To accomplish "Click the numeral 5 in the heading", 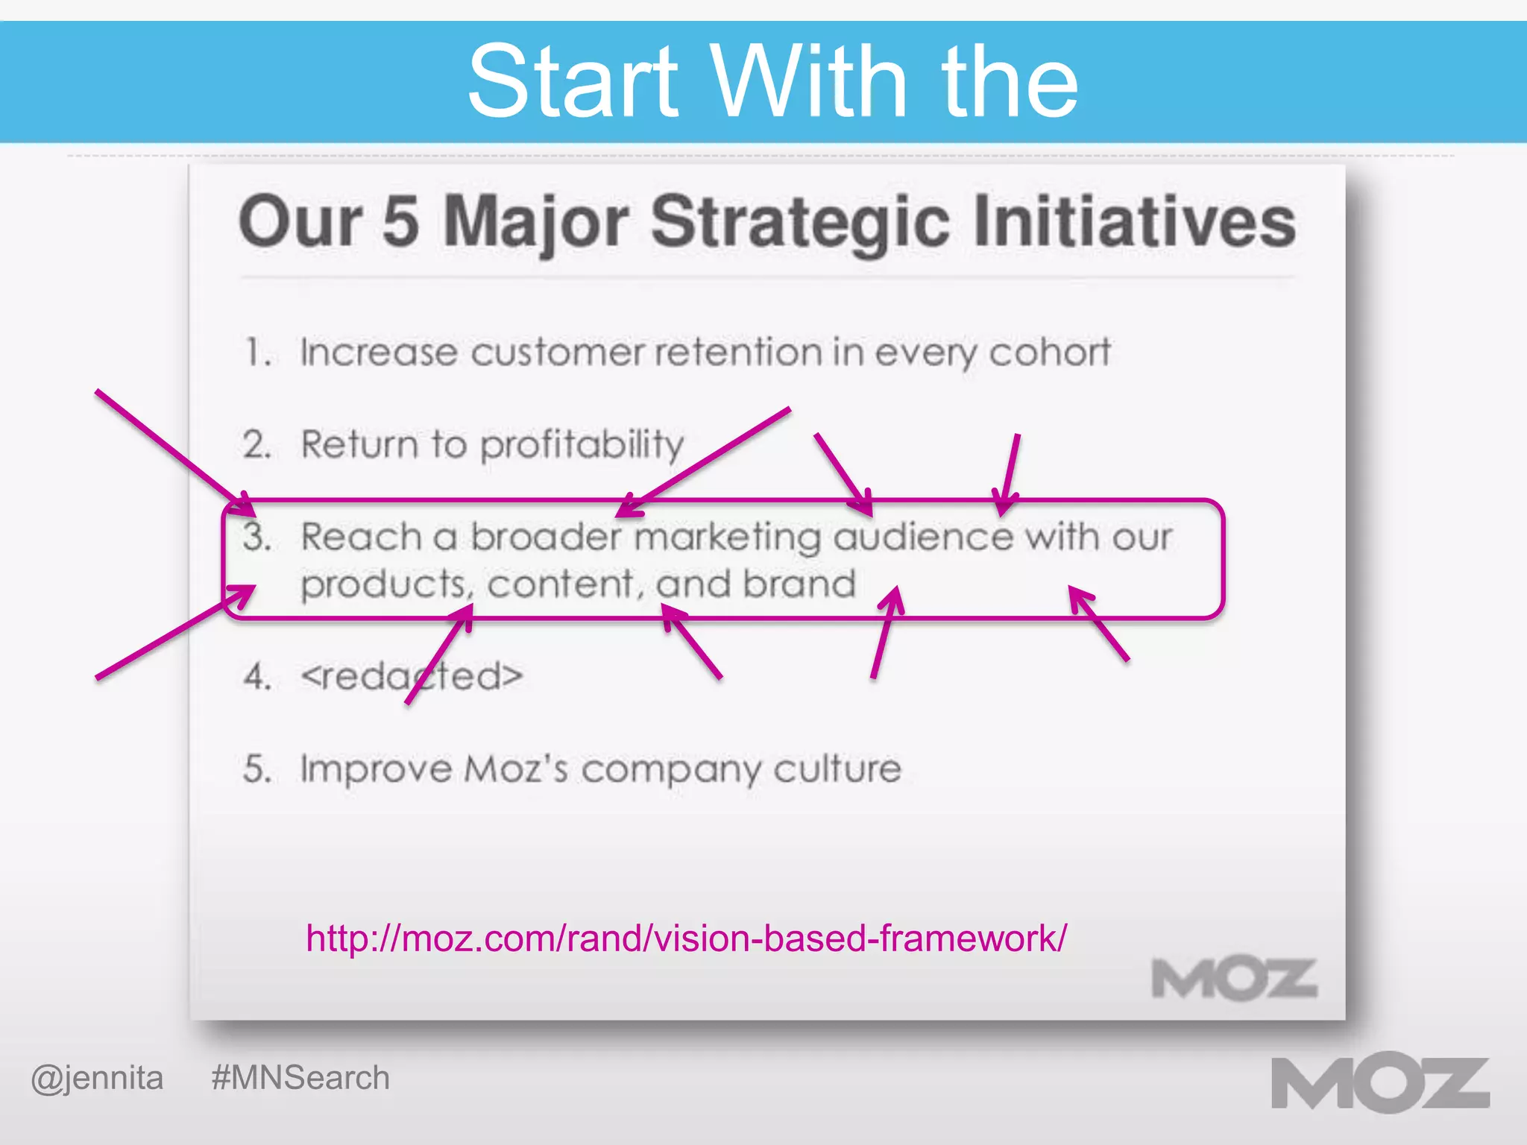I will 400,221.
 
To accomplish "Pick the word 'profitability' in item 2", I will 582,446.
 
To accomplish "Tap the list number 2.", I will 256,445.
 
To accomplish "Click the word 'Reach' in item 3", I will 362,537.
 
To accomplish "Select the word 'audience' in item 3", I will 923,537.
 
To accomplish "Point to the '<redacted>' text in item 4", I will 412,676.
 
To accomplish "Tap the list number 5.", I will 256,769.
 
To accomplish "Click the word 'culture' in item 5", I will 837,769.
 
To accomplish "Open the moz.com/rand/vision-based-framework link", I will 686,938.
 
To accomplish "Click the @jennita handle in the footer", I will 97,1078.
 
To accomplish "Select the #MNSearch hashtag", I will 300,1078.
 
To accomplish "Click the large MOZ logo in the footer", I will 1379,1085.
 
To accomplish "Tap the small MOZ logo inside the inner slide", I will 1234,979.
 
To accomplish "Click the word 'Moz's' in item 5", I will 515,769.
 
